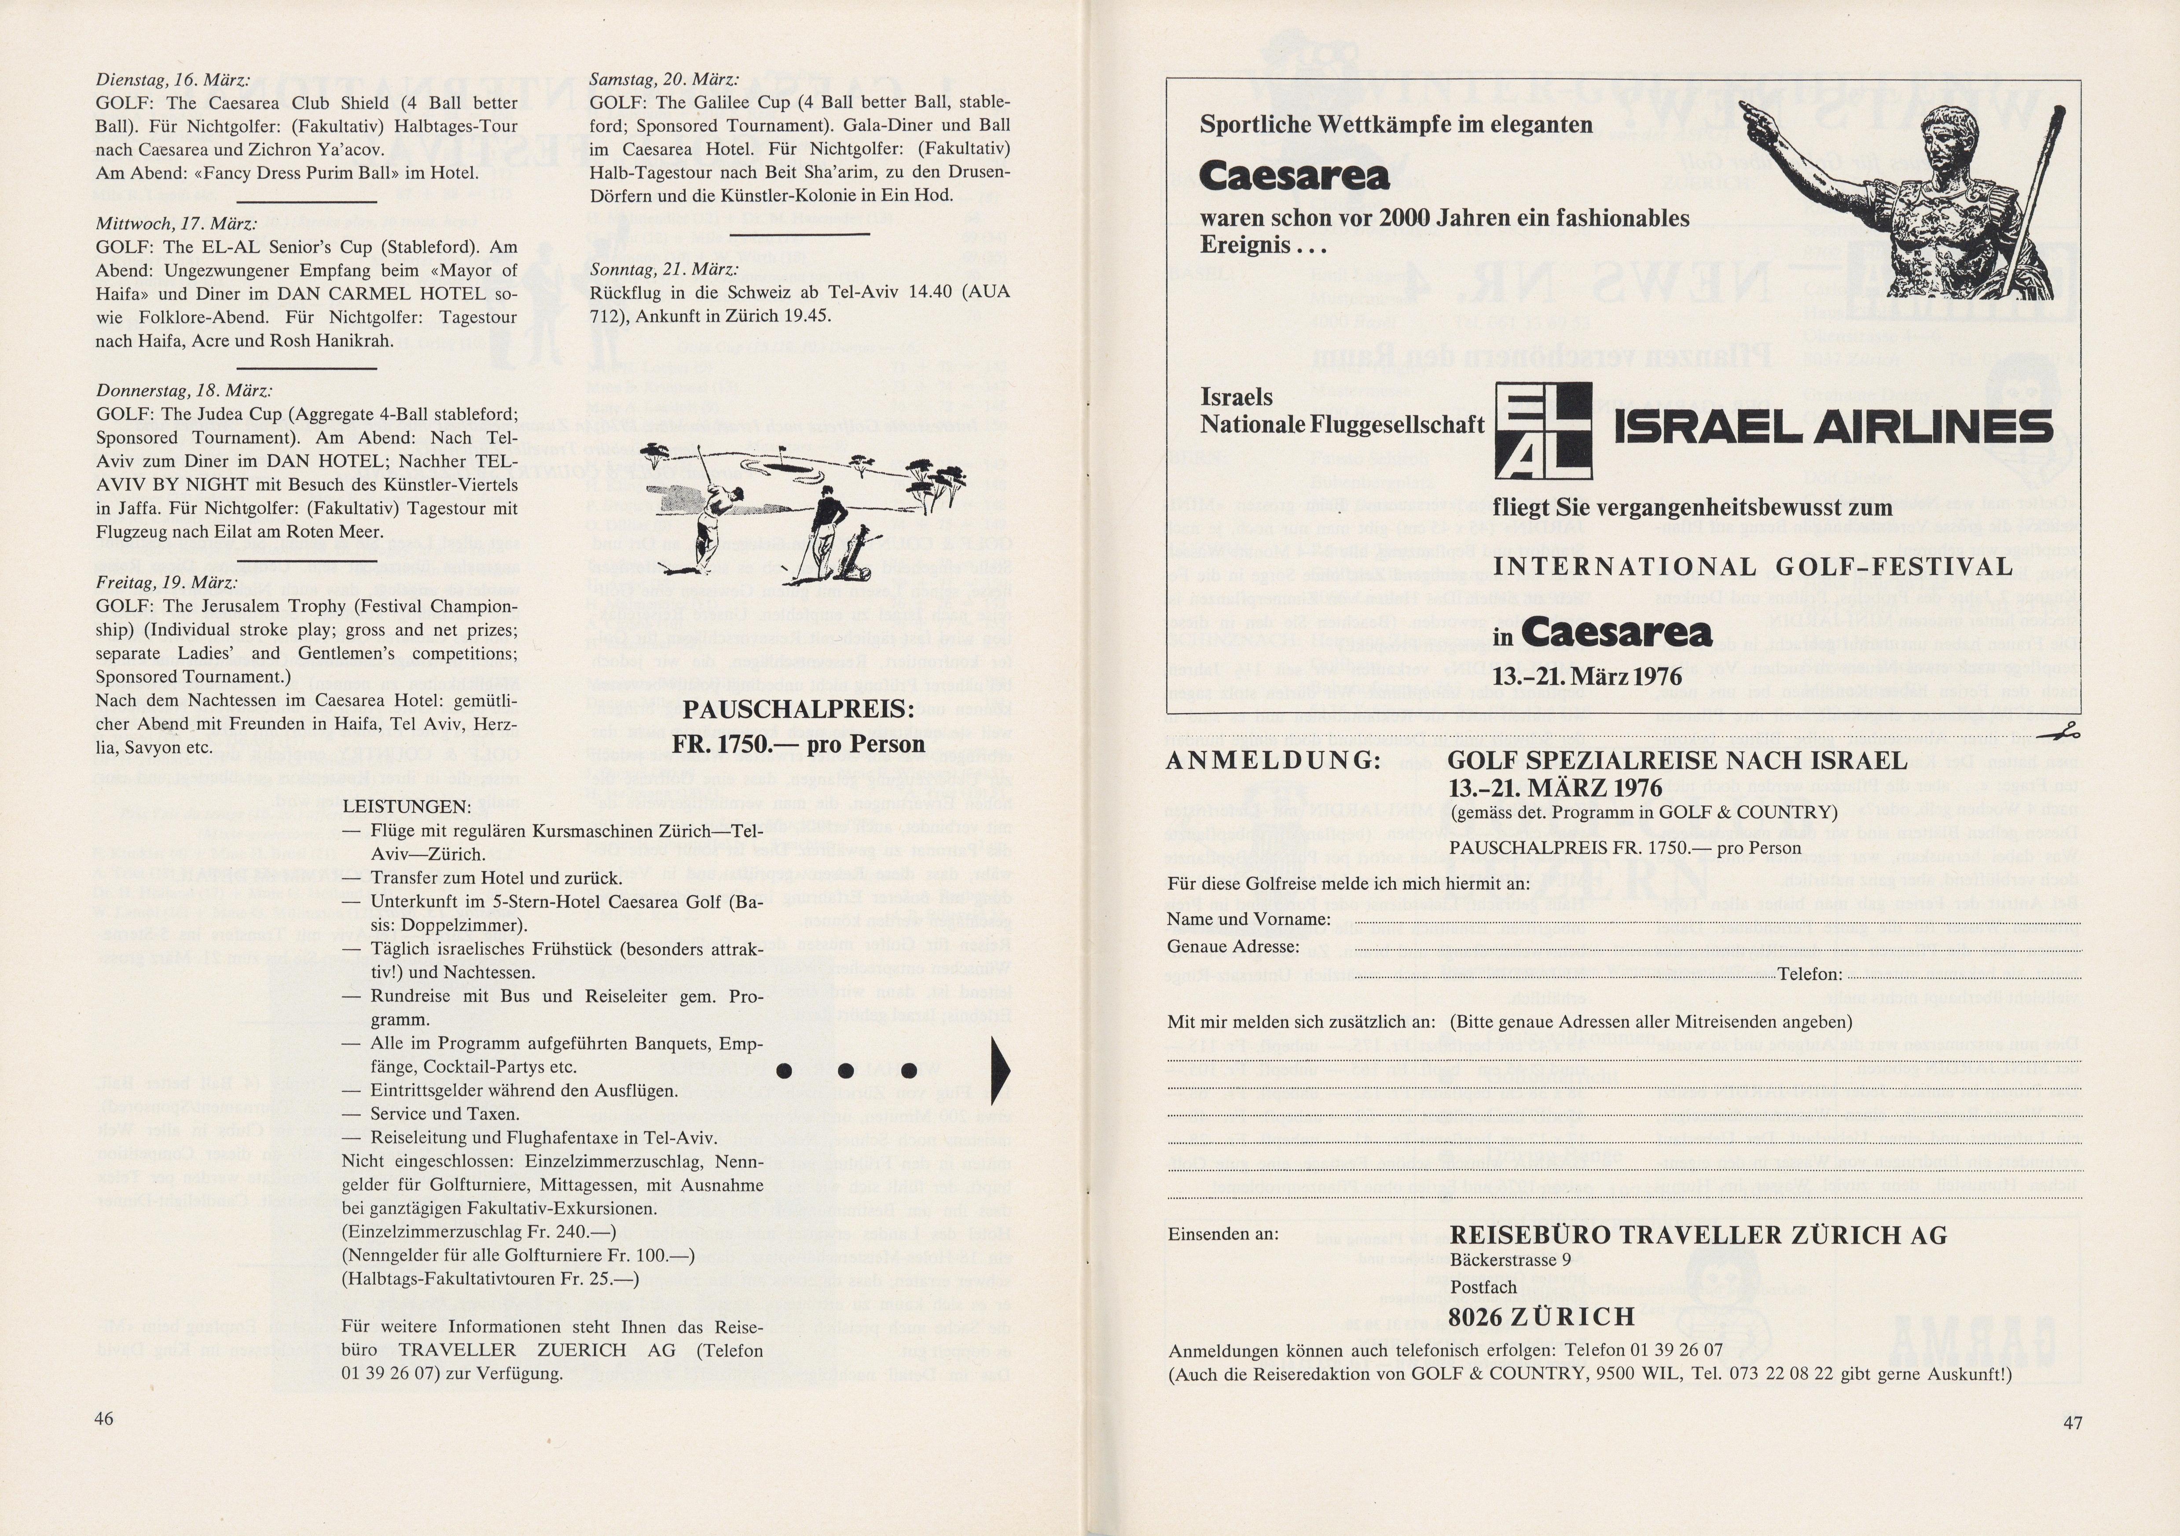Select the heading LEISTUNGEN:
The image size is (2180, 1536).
[406, 807]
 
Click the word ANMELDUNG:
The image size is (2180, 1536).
[1272, 760]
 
